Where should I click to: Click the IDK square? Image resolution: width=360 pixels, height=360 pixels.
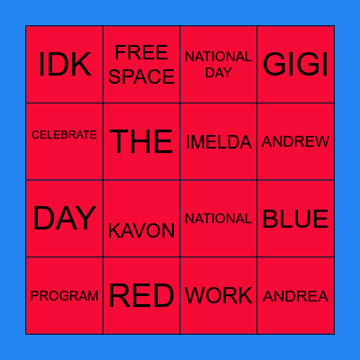[64, 65]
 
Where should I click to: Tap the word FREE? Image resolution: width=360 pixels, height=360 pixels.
[141, 52]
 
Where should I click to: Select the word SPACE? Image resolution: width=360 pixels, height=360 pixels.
[141, 76]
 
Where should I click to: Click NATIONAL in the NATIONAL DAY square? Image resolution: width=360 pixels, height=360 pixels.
[219, 57]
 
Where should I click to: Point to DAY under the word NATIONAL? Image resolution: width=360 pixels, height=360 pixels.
[219, 73]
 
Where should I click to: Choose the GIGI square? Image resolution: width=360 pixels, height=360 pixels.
[295, 65]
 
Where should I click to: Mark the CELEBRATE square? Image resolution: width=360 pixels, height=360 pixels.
[64, 135]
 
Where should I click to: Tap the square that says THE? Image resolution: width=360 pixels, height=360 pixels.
[141, 141]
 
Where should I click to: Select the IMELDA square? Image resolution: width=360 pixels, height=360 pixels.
[219, 142]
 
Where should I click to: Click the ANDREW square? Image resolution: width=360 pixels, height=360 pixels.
[295, 142]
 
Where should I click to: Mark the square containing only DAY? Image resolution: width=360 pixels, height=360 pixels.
[64, 219]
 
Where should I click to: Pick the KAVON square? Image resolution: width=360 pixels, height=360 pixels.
[141, 230]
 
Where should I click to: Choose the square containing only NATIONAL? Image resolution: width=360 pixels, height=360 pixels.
[219, 219]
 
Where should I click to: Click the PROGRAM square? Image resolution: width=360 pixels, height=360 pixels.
[64, 296]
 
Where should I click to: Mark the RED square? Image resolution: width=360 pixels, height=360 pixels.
[141, 296]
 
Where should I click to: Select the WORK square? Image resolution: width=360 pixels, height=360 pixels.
[219, 296]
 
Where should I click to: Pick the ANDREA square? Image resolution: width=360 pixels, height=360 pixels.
[295, 296]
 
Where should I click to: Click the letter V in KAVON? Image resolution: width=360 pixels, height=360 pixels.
[141, 231]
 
